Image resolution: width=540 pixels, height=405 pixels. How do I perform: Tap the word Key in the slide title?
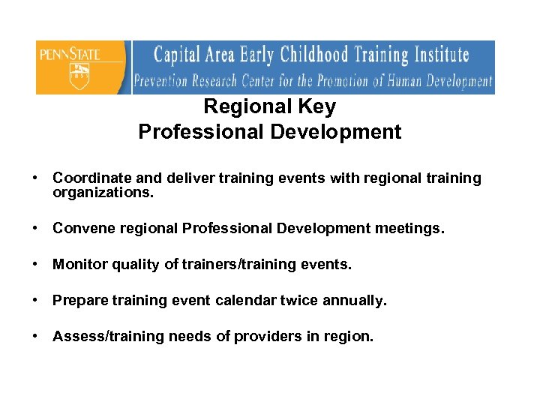coord(318,107)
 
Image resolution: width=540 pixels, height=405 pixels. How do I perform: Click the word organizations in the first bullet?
coord(103,193)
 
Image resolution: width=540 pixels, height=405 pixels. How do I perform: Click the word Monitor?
coord(78,265)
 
